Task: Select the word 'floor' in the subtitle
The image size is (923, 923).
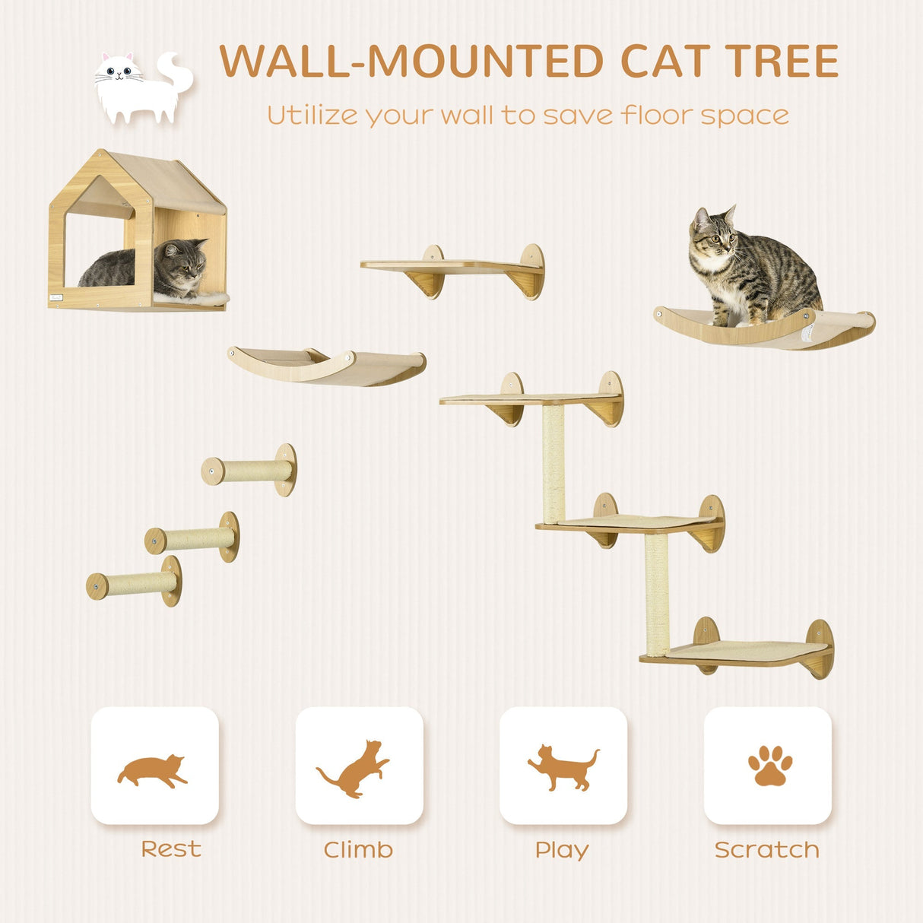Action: point(656,115)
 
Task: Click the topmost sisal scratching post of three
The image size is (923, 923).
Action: point(249,471)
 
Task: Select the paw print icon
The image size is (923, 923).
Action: point(769,765)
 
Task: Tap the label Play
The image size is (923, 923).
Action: point(562,849)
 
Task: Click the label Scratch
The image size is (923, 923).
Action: point(766,849)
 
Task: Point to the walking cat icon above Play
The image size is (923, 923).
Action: point(563,767)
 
